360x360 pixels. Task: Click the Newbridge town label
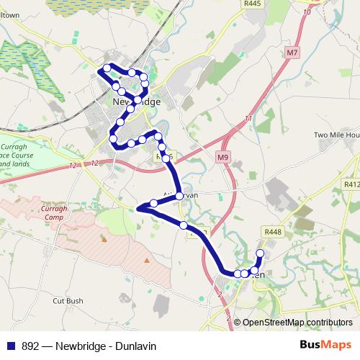(x=136, y=102)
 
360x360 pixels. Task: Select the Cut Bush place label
(x=68, y=301)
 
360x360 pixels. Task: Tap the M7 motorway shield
(x=291, y=53)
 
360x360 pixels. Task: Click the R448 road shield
(x=273, y=232)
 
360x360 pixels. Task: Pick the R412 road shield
(x=351, y=185)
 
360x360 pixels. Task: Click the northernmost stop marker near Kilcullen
(x=261, y=253)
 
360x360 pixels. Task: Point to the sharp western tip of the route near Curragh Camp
(x=137, y=208)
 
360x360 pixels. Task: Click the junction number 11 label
(x=248, y=118)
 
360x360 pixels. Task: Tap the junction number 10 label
(x=308, y=12)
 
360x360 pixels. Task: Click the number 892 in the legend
(x=30, y=346)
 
